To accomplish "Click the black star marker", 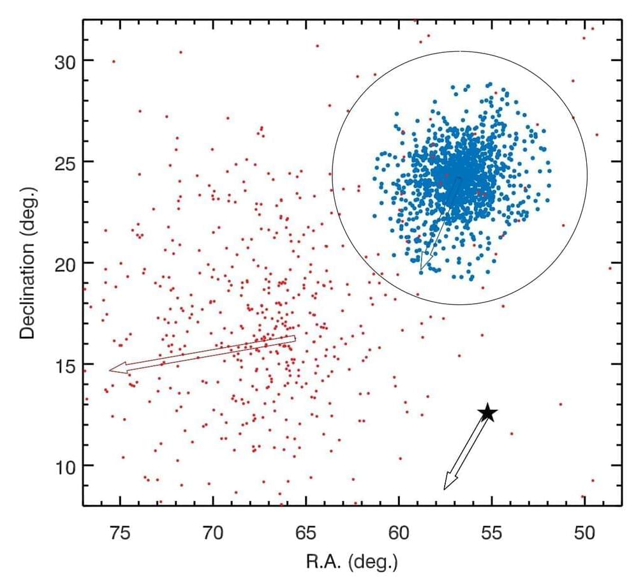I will coord(488,412).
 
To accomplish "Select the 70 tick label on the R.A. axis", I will coord(212,531).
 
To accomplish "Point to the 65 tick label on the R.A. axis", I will coord(306,531).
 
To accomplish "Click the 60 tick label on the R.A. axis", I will coord(399,531).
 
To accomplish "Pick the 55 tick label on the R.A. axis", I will coord(492,531).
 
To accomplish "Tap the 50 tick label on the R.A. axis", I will coord(584,531).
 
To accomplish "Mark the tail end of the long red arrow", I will coord(294,339).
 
